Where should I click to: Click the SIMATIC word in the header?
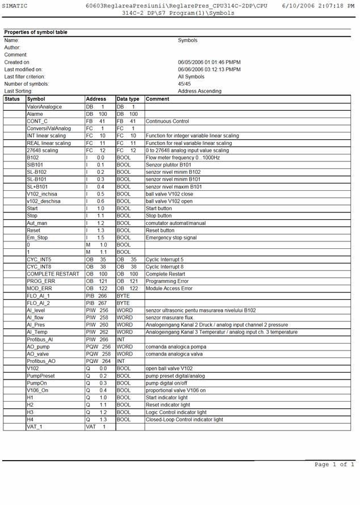(14, 5)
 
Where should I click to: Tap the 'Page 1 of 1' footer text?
(334, 464)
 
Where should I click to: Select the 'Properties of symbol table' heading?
(36, 32)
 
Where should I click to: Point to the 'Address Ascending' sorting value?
(199, 91)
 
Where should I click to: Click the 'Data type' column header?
(128, 99)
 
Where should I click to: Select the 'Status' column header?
(12, 99)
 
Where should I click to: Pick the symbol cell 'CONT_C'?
(37, 121)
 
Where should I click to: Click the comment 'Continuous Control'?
(168, 121)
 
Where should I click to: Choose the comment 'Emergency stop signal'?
(171, 237)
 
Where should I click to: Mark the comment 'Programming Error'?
(167, 281)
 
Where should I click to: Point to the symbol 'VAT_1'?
(35, 427)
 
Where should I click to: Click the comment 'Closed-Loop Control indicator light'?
(185, 419)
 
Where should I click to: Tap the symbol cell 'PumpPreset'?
(41, 375)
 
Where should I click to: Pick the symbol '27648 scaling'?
(43, 151)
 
